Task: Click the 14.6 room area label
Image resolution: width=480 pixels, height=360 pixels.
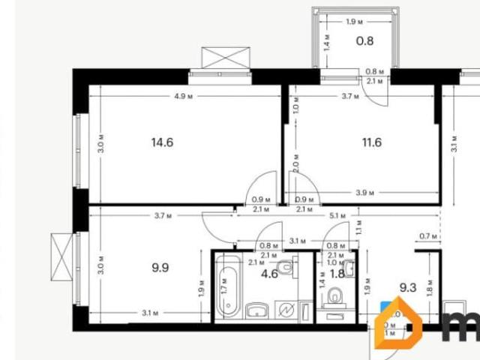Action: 162,142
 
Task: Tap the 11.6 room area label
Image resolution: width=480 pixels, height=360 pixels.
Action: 371,142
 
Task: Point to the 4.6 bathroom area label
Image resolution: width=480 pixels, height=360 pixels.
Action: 270,274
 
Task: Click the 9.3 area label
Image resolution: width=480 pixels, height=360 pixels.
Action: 407,286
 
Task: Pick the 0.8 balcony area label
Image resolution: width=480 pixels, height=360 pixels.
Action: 364,41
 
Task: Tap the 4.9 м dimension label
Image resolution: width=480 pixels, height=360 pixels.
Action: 184,96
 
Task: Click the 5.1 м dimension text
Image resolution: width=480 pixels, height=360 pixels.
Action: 337,216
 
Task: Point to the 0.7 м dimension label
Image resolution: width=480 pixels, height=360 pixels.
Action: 428,237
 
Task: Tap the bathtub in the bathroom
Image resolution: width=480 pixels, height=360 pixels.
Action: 228,289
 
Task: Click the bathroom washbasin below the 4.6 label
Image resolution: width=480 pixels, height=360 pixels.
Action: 256,310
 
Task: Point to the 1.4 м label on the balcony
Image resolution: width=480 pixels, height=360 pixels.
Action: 326,41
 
